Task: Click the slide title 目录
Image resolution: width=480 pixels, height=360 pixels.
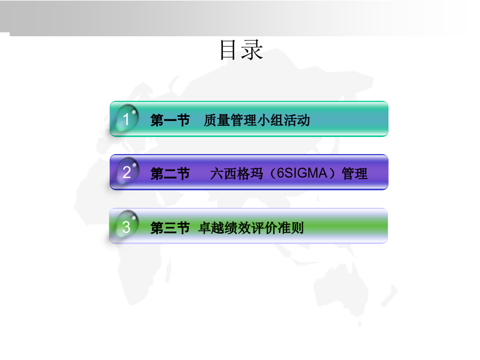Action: pyautogui.click(x=242, y=50)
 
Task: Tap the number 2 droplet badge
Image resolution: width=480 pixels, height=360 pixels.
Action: pyautogui.click(x=127, y=172)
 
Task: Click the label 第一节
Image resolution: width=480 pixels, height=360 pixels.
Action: pyautogui.click(x=170, y=120)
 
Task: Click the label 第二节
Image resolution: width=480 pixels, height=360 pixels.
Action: pyautogui.click(x=170, y=173)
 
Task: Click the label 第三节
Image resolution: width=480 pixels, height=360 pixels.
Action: pyautogui.click(x=170, y=228)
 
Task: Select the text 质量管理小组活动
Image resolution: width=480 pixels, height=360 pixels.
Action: pyautogui.click(x=257, y=120)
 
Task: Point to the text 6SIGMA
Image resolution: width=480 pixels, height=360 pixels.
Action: pyautogui.click(x=302, y=173)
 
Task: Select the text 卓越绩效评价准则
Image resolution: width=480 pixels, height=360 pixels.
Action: pyautogui.click(x=251, y=228)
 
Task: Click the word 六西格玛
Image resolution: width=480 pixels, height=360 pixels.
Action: pyautogui.click(x=236, y=173)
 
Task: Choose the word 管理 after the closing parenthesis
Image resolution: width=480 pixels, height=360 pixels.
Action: pyautogui.click(x=355, y=173)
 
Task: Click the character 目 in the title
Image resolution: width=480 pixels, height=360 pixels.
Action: pyautogui.click(x=228, y=50)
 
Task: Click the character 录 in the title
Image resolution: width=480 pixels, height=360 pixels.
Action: pyautogui.click(x=252, y=50)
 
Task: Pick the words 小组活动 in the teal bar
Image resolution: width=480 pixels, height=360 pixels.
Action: pyautogui.click(x=284, y=120)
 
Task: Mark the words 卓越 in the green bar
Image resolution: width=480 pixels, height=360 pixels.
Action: pyautogui.click(x=211, y=228)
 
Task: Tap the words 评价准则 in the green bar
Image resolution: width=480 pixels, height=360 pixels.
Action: pyautogui.click(x=277, y=228)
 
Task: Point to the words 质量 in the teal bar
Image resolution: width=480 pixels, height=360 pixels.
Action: pyautogui.click(x=217, y=120)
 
